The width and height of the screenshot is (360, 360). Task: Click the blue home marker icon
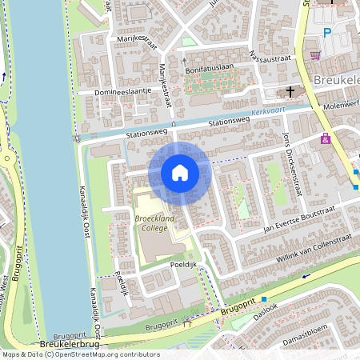pyautogui.click(x=180, y=173)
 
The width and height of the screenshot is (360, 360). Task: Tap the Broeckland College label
pyautogui.click(x=155, y=222)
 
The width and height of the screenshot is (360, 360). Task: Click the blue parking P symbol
pyautogui.click(x=326, y=33)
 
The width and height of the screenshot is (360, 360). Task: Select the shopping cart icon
pyautogui.click(x=315, y=55)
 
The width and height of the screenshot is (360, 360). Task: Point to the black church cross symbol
pyautogui.click(x=290, y=90)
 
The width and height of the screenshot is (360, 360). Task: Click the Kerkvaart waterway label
pyautogui.click(x=268, y=114)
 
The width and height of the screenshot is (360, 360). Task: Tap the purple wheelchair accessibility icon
pyautogui.click(x=325, y=138)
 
